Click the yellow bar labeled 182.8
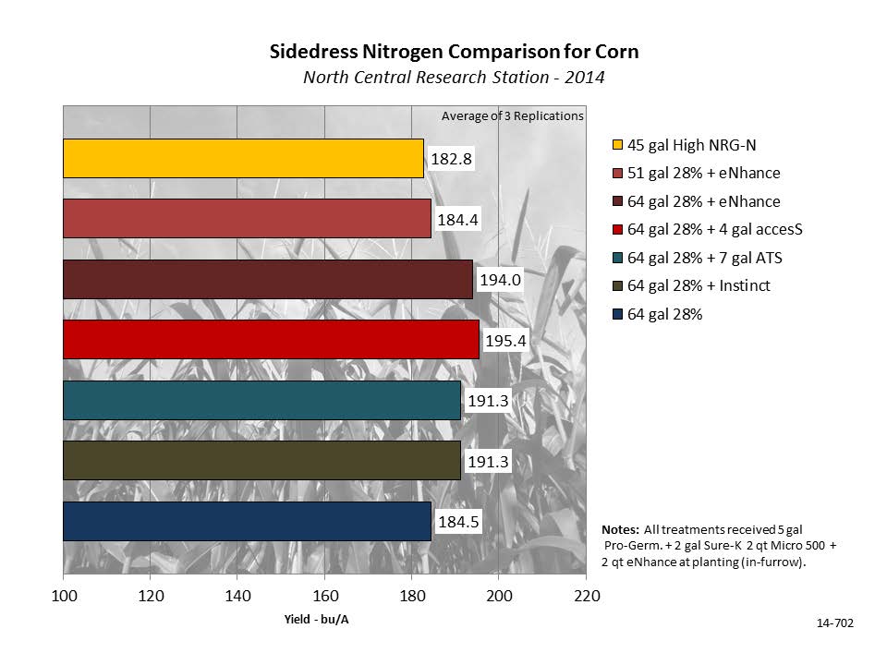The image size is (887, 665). point(243,158)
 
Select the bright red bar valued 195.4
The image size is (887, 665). point(271,339)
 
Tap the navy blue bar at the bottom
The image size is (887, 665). point(247,521)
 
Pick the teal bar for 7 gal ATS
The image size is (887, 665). point(261,400)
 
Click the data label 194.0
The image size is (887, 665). point(500,280)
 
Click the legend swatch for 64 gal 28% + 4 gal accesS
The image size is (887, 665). point(617,230)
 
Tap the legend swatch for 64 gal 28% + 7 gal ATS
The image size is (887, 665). point(617,259)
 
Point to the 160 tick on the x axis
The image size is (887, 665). point(324,597)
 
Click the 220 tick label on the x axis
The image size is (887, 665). point(586,597)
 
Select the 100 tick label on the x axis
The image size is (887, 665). point(64,597)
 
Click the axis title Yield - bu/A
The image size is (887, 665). point(317,620)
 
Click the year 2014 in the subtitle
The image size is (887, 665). point(586,78)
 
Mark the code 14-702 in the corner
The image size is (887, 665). point(835,624)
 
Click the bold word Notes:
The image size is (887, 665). point(620,530)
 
